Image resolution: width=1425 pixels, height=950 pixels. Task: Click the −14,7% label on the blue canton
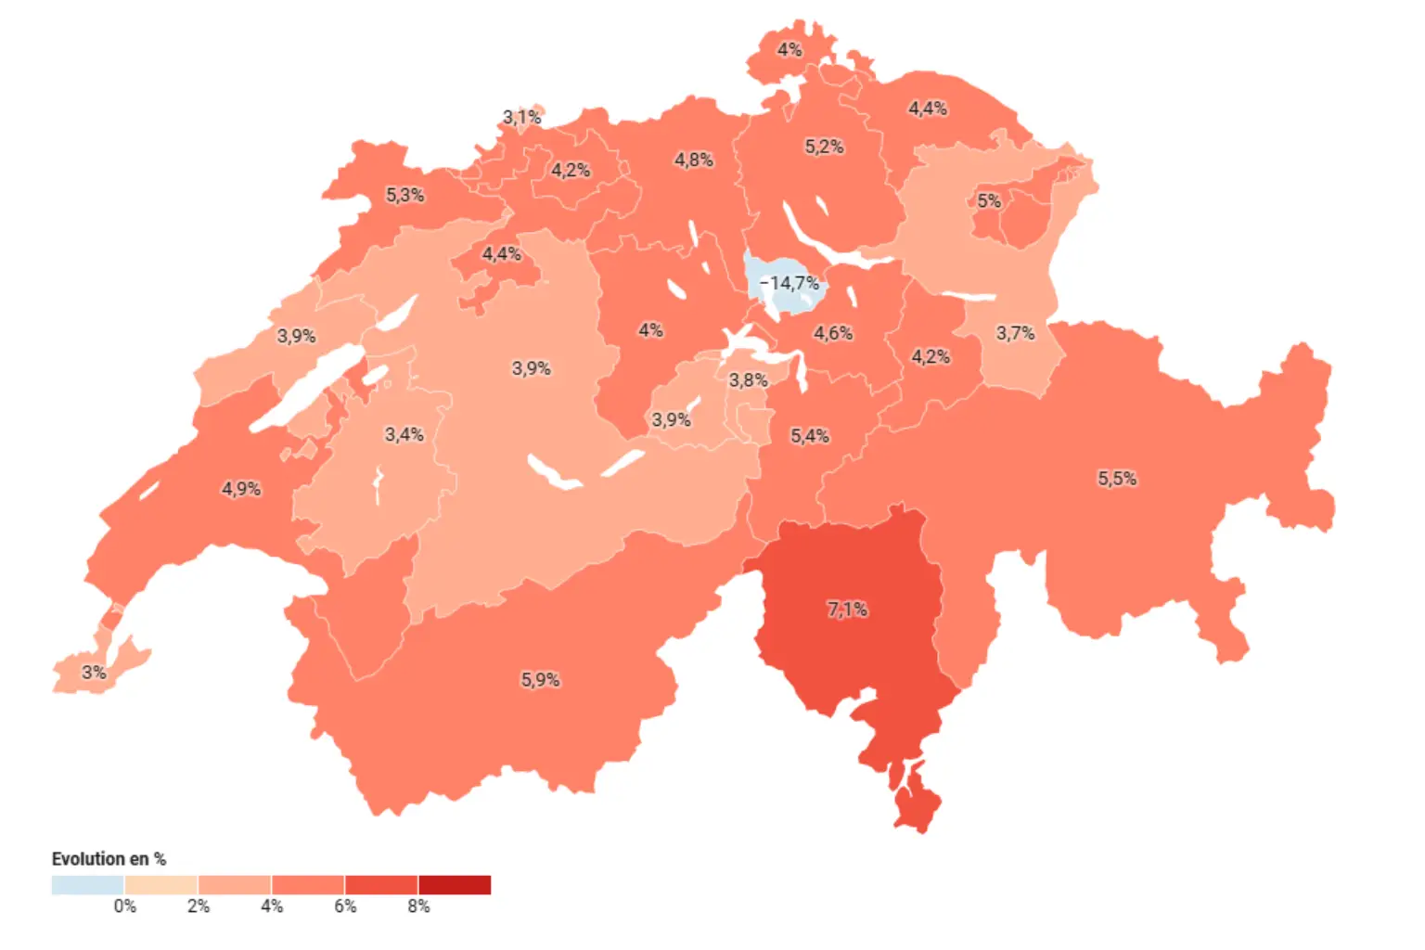pyautogui.click(x=790, y=283)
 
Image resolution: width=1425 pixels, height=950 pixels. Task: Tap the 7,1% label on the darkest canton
pyautogui.click(x=847, y=610)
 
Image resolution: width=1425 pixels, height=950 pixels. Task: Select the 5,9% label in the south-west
pyautogui.click(x=540, y=680)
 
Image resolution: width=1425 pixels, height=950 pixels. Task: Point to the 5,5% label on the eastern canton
pyautogui.click(x=1117, y=479)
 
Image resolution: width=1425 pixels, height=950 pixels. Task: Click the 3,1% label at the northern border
pyautogui.click(x=522, y=118)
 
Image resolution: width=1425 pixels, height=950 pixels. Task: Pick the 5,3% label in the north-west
pyautogui.click(x=405, y=196)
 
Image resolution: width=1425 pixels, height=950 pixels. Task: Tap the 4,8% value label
pyautogui.click(x=694, y=160)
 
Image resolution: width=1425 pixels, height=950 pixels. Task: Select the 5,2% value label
pyautogui.click(x=824, y=147)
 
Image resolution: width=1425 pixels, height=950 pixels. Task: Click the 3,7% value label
pyautogui.click(x=1015, y=333)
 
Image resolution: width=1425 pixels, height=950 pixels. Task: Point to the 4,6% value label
pyautogui.click(x=833, y=333)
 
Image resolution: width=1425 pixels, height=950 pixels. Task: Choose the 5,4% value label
pyautogui.click(x=810, y=436)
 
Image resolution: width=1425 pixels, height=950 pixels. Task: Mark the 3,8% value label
pyautogui.click(x=748, y=380)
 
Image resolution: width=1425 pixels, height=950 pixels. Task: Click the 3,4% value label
pyautogui.click(x=404, y=434)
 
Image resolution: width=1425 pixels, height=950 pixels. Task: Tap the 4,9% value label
pyautogui.click(x=241, y=489)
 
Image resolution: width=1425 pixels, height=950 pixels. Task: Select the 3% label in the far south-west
pyautogui.click(x=94, y=673)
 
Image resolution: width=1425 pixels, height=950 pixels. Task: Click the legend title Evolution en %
pyautogui.click(x=109, y=859)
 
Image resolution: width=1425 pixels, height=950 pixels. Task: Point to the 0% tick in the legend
pyautogui.click(x=125, y=906)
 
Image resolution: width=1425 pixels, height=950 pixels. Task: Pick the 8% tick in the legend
pyautogui.click(x=418, y=906)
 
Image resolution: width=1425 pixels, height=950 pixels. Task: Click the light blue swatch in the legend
pyautogui.click(x=88, y=885)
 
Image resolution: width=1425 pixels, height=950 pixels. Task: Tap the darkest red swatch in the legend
pyautogui.click(x=455, y=885)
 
